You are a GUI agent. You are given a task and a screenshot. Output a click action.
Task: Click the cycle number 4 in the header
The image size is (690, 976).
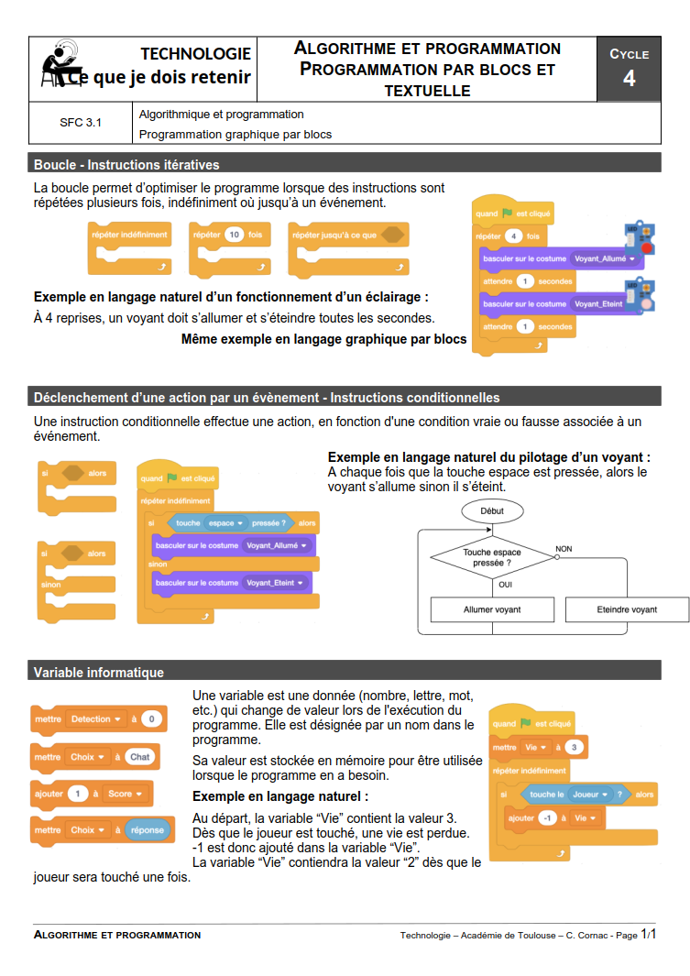629,79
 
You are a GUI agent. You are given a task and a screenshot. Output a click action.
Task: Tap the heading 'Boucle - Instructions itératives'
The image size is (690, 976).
126,165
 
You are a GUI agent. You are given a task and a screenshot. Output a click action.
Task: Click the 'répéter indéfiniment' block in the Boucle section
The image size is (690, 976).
130,235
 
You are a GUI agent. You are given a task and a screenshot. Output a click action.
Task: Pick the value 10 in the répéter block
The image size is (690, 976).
234,235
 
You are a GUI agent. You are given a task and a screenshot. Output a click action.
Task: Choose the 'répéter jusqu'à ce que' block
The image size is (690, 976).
335,235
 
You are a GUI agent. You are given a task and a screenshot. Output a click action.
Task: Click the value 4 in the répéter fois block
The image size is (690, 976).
514,236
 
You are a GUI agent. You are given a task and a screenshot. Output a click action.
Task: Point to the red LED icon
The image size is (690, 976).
646,247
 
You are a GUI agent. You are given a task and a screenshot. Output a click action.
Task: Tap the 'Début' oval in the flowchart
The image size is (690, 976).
491,510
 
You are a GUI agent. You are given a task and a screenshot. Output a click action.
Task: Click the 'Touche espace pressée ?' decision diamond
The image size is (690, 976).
491,557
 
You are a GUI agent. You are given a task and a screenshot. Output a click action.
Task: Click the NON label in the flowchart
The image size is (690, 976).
564,549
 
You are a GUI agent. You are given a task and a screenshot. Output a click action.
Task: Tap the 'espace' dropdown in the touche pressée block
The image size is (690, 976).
226,523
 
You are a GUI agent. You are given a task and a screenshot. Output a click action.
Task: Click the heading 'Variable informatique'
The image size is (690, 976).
99,673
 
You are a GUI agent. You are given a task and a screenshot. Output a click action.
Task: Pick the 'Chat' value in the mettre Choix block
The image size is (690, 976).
139,757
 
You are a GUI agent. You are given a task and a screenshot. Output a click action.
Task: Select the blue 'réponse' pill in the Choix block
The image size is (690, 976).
147,830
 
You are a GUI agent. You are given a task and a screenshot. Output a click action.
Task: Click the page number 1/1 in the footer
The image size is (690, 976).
650,935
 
